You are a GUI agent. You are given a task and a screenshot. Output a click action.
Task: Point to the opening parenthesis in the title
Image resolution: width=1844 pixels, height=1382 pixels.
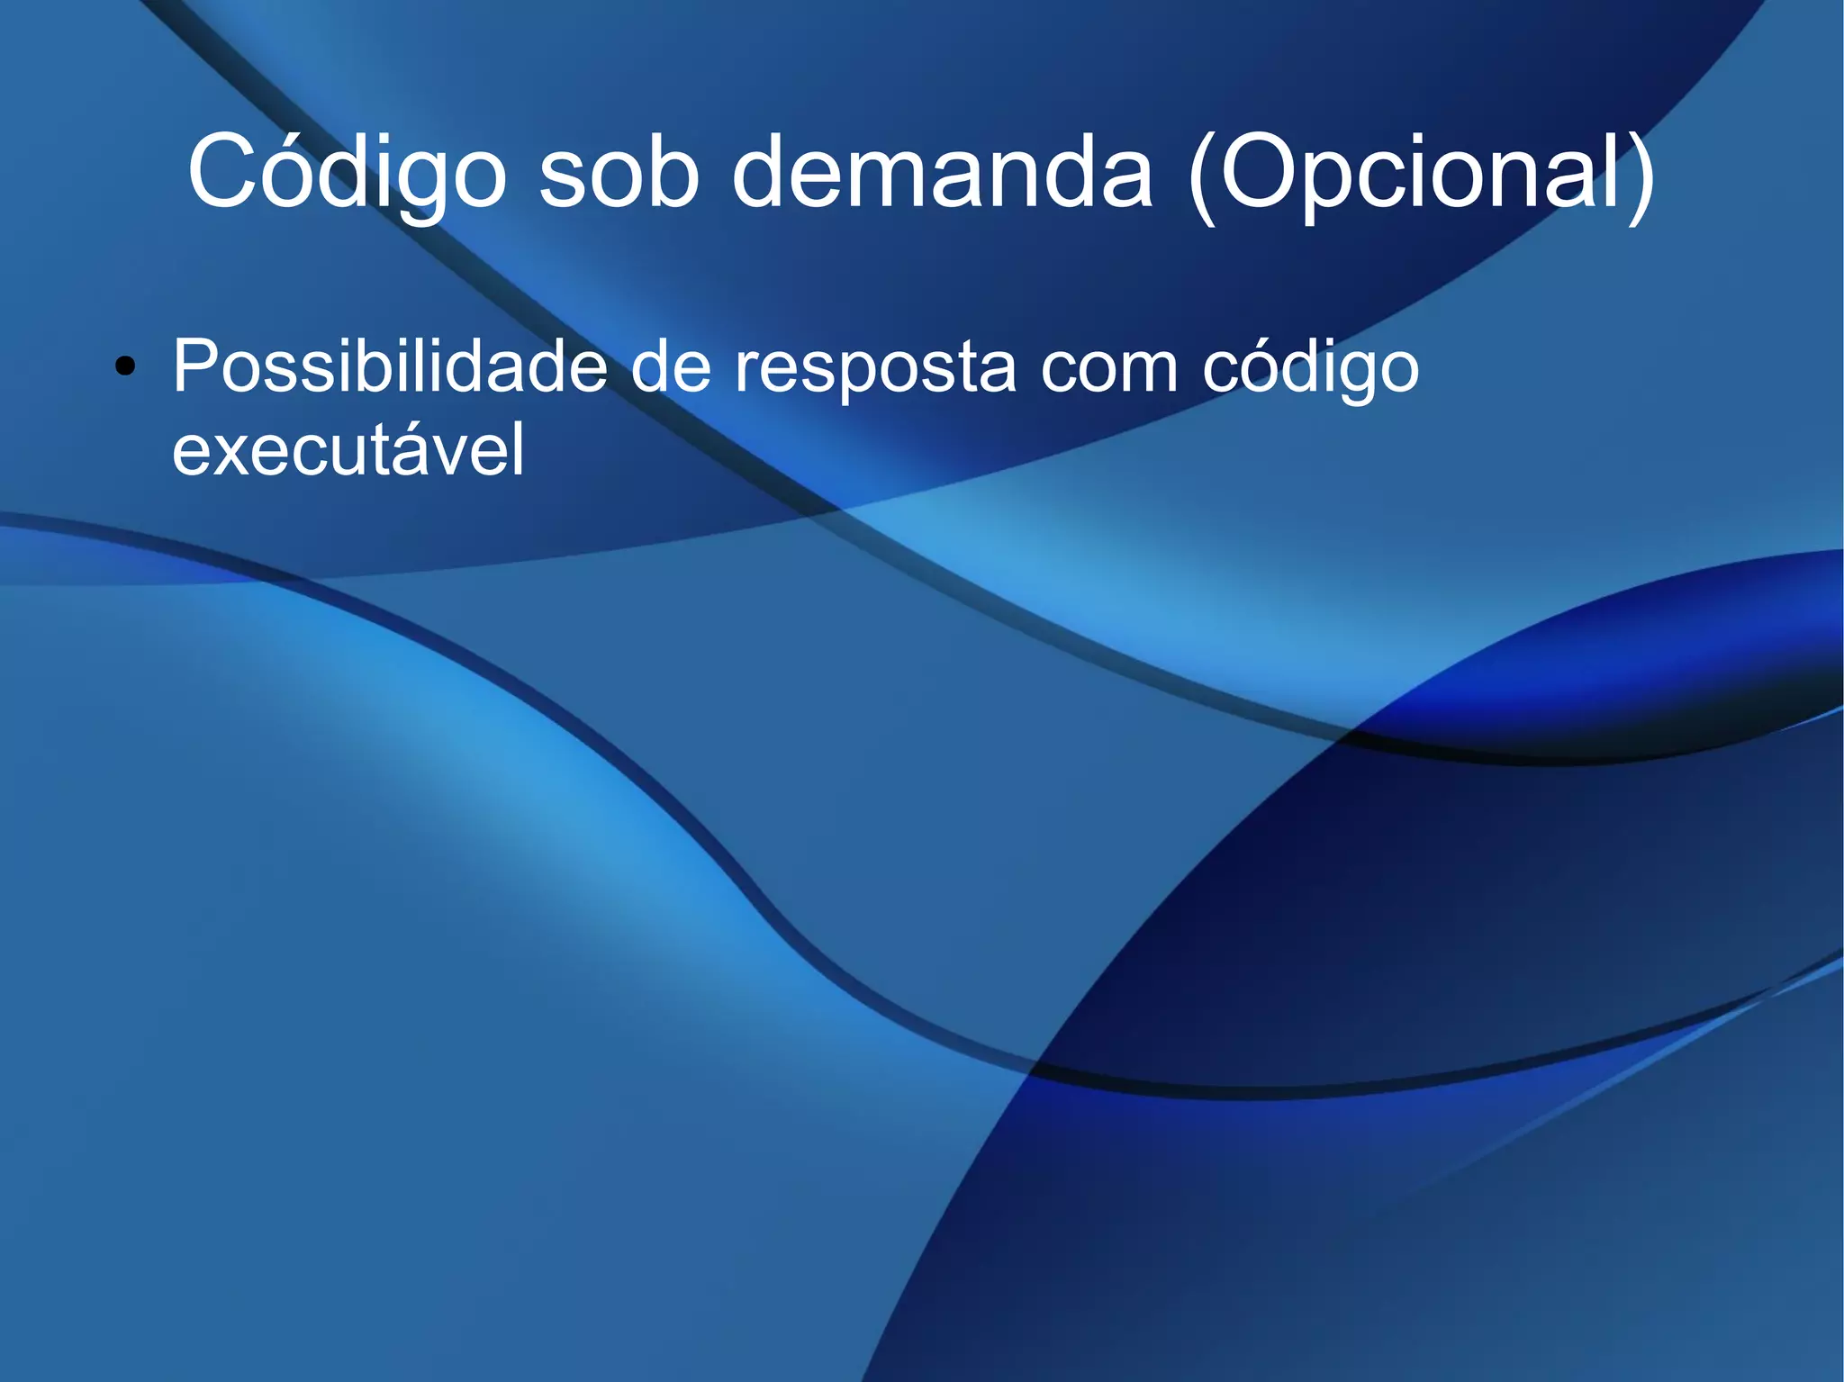1201,175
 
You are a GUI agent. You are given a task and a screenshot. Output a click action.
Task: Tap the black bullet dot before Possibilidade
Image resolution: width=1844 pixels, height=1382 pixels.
125,366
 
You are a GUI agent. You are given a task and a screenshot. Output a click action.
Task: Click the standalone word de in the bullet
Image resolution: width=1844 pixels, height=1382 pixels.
670,366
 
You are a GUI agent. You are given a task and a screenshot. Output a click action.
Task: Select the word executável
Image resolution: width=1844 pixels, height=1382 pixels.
348,449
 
